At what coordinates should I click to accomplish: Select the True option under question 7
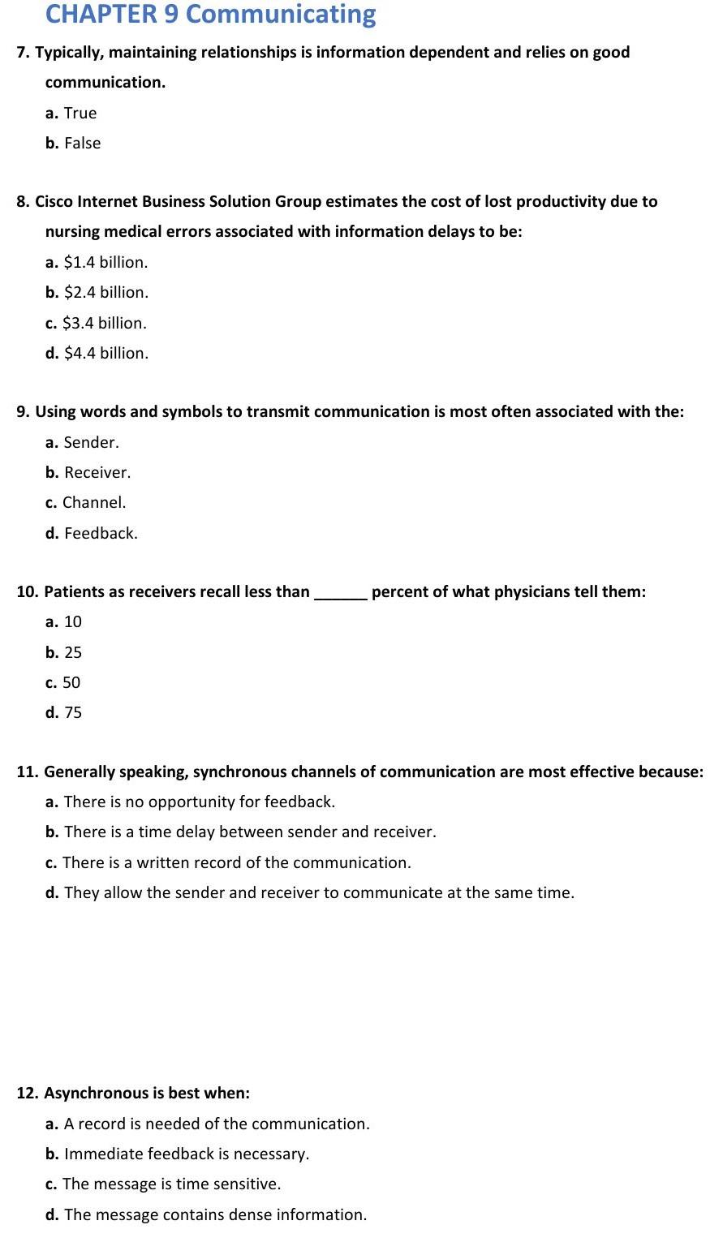point(80,113)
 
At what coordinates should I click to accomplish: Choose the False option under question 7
point(82,143)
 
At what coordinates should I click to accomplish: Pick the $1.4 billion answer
point(105,262)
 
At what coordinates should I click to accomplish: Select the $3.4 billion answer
point(105,323)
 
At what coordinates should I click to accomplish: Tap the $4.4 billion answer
point(105,353)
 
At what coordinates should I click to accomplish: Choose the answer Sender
point(91,442)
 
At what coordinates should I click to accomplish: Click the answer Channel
point(93,502)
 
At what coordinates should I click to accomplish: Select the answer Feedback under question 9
point(101,533)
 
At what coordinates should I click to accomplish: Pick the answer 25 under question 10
point(72,652)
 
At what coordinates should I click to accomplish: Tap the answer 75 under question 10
point(72,712)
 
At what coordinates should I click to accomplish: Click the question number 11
point(27,771)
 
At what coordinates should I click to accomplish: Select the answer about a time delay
point(250,832)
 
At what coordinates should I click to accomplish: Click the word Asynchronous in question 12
point(91,1093)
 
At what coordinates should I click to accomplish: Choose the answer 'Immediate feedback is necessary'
point(186,1154)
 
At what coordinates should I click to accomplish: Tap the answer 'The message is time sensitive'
point(171,1184)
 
